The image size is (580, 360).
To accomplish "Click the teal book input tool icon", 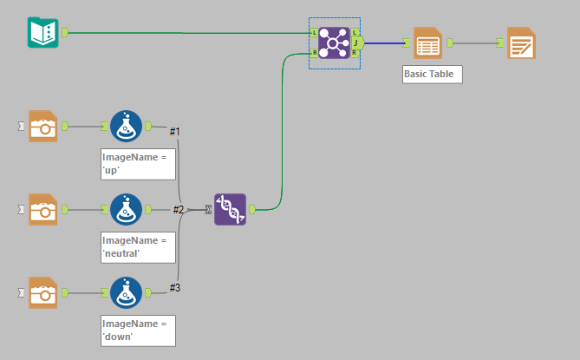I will pyautogui.click(x=42, y=33).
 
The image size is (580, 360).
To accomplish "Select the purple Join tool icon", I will pyautogui.click(x=334, y=43).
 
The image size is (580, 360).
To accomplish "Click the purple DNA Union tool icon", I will pyautogui.click(x=230, y=209).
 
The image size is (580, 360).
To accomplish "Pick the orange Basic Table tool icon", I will pyautogui.click(x=427, y=43).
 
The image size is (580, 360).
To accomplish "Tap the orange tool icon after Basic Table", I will pyautogui.click(x=521, y=43).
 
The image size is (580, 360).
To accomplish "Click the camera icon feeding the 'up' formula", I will pyautogui.click(x=42, y=126).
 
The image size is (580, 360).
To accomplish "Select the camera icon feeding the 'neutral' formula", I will pyautogui.click(x=42, y=209).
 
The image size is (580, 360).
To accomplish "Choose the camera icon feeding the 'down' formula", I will pyautogui.click(x=42, y=292).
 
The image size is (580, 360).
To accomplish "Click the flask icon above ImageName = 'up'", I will pyautogui.click(x=127, y=126).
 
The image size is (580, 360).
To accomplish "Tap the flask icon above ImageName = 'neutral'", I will pyautogui.click(x=127, y=209).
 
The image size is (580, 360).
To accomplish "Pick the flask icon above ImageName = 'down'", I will pyautogui.click(x=127, y=292).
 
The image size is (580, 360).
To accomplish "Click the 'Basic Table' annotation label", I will pyautogui.click(x=433, y=74).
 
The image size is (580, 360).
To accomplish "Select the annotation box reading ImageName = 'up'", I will pyautogui.click(x=138, y=163).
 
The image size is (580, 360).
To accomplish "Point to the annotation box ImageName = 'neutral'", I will pyautogui.click(x=138, y=246).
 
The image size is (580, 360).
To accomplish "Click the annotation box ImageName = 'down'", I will pyautogui.click(x=138, y=330).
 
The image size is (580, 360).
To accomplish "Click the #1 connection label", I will pyautogui.click(x=174, y=131).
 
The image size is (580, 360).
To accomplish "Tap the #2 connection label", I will pyautogui.click(x=178, y=209).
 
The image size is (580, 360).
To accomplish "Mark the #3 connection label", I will pyautogui.click(x=174, y=287).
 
